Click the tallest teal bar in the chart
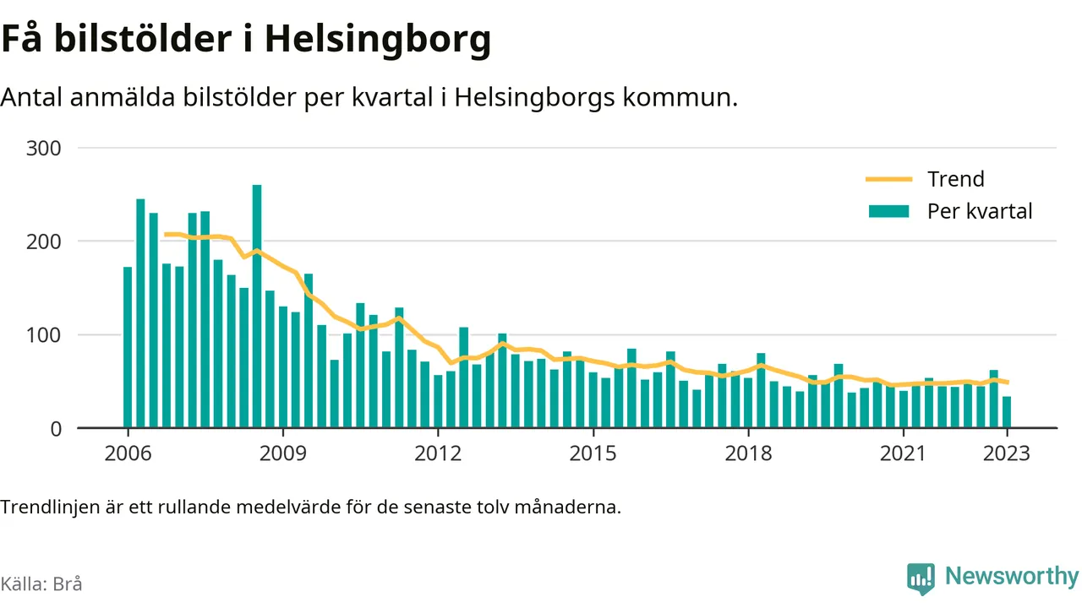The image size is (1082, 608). point(257,306)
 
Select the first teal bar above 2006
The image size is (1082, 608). point(128,347)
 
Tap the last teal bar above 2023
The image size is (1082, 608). point(1007,411)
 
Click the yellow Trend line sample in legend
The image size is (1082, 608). point(888,179)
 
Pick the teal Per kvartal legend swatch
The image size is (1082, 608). point(888,211)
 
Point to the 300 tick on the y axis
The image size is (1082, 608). point(43,149)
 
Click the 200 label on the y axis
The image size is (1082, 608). point(43,242)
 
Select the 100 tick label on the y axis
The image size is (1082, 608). point(43,335)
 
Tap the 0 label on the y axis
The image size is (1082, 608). point(56,429)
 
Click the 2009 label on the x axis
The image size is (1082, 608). point(283,453)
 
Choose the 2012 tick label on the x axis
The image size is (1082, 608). point(438,453)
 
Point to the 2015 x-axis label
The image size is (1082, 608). point(593,453)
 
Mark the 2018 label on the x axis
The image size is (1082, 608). point(748,453)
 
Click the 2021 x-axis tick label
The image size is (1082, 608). point(903,453)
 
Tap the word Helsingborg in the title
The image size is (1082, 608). point(378,40)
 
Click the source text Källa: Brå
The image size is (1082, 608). point(41,584)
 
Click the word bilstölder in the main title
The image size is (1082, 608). point(143,39)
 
